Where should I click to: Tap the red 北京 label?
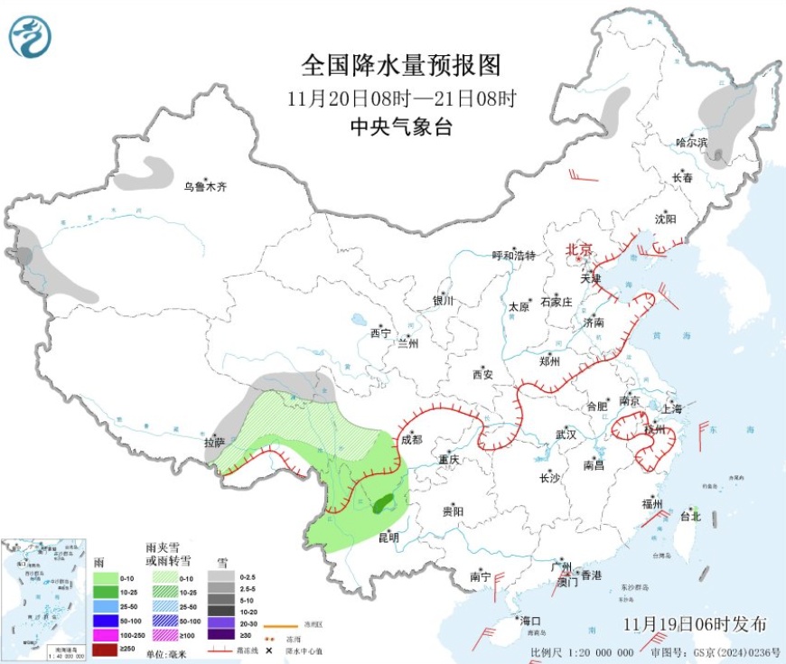(x=578, y=249)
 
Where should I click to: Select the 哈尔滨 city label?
(x=692, y=142)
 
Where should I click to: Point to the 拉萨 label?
(x=214, y=443)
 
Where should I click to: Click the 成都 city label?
(x=411, y=440)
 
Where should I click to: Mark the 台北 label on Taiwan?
(x=689, y=517)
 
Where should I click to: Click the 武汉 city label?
(x=566, y=434)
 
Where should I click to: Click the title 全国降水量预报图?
(x=400, y=65)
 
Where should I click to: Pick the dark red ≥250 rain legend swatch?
(x=105, y=649)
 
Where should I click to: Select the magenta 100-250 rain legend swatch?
(x=105, y=635)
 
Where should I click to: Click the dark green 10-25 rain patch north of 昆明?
(x=383, y=502)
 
